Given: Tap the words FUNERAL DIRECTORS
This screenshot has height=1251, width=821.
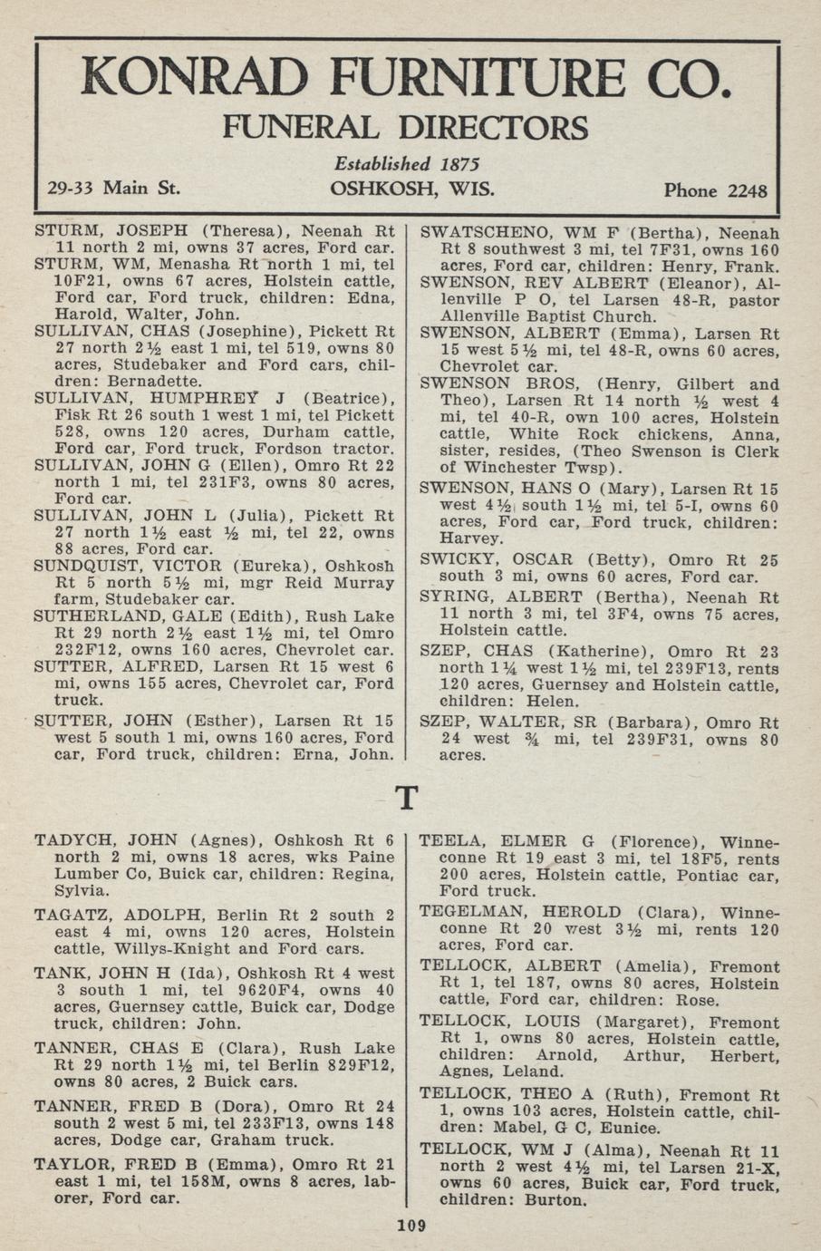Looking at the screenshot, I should point(405,128).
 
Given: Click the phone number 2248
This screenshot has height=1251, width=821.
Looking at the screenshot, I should point(746,191).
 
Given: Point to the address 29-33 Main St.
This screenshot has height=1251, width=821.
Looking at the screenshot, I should point(113,189).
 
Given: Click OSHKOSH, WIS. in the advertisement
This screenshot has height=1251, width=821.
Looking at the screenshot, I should point(412,189).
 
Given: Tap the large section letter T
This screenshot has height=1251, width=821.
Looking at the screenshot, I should point(408,799).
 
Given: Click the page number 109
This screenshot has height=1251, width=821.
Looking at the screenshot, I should point(410,1227).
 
